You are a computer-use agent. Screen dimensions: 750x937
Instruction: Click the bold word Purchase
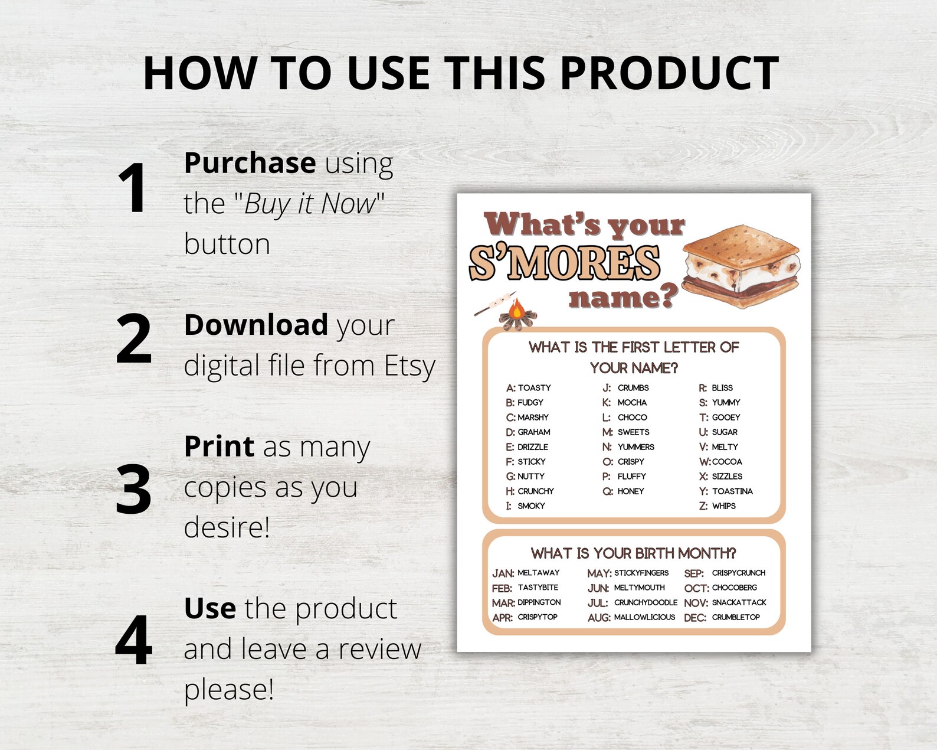coord(250,163)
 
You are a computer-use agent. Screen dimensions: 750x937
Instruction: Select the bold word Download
coord(256,325)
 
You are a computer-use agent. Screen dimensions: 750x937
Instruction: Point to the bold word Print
coord(219,446)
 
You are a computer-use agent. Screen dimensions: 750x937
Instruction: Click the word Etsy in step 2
coord(409,366)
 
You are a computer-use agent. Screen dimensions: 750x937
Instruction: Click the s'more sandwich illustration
coord(741,266)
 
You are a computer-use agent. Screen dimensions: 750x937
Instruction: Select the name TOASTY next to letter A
coord(535,388)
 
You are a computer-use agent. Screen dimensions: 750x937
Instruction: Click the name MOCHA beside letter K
coord(632,403)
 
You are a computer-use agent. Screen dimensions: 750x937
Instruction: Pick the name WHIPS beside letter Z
coord(723,506)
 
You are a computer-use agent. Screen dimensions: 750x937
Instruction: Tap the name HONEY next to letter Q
coord(631,491)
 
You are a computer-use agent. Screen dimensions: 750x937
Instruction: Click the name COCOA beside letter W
coord(727,462)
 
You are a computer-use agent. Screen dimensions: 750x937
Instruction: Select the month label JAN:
coord(503,573)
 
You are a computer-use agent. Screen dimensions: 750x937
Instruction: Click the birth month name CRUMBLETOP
coord(736,617)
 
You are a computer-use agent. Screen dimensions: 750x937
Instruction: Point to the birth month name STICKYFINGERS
coord(641,573)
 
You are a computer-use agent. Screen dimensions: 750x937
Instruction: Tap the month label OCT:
coord(696,588)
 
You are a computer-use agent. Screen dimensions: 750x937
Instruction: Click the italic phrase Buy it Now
coord(310,204)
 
